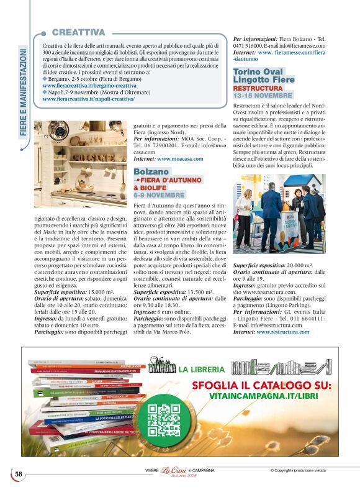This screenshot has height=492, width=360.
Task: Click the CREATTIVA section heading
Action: pos(78,32)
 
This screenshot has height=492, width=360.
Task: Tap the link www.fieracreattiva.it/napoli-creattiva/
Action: pos(88,99)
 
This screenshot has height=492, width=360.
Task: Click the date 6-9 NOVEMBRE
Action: pos(159,194)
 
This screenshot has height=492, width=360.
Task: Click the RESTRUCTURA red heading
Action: pos(262,88)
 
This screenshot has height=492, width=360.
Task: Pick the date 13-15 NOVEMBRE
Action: pos(262,96)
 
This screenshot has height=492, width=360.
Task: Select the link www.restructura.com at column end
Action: pos(282,332)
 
